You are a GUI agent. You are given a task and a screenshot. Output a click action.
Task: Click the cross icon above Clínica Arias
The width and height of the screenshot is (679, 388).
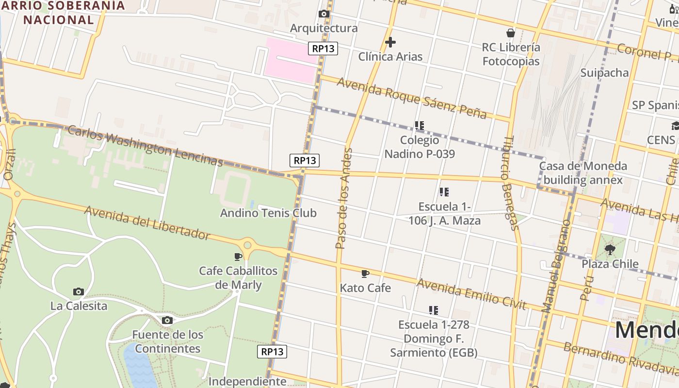tap(390, 43)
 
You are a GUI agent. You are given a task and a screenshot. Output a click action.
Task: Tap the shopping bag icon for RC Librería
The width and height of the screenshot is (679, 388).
tap(510, 33)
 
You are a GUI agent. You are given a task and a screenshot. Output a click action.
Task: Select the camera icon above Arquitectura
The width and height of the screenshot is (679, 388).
tap(324, 14)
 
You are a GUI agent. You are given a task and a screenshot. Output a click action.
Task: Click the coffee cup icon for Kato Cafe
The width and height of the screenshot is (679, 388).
tap(365, 274)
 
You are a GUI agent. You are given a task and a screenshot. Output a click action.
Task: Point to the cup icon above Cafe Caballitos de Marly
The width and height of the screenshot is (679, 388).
tap(238, 256)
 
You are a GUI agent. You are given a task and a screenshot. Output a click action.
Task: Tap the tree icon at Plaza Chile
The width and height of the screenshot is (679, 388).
tap(610, 250)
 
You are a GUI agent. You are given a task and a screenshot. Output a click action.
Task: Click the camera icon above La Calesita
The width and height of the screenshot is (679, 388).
tap(79, 291)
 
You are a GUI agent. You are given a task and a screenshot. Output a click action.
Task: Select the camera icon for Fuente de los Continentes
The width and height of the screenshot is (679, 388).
tap(167, 320)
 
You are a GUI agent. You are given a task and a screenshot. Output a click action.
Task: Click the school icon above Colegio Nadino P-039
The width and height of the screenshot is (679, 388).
tap(420, 126)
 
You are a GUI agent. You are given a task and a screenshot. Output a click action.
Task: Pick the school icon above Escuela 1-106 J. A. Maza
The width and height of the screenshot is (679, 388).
tap(444, 192)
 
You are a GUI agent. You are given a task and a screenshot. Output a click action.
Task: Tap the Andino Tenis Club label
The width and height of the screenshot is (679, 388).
tap(268, 213)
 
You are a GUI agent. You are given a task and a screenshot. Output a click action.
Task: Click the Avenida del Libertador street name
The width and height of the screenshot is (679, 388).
tap(147, 223)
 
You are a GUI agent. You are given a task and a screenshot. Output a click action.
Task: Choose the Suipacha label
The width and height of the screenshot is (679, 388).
tap(604, 73)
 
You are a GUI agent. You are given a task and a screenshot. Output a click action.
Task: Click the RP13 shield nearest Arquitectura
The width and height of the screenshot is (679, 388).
tap(323, 48)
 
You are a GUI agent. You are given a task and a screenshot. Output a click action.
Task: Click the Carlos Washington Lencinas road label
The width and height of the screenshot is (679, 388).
tap(145, 146)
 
